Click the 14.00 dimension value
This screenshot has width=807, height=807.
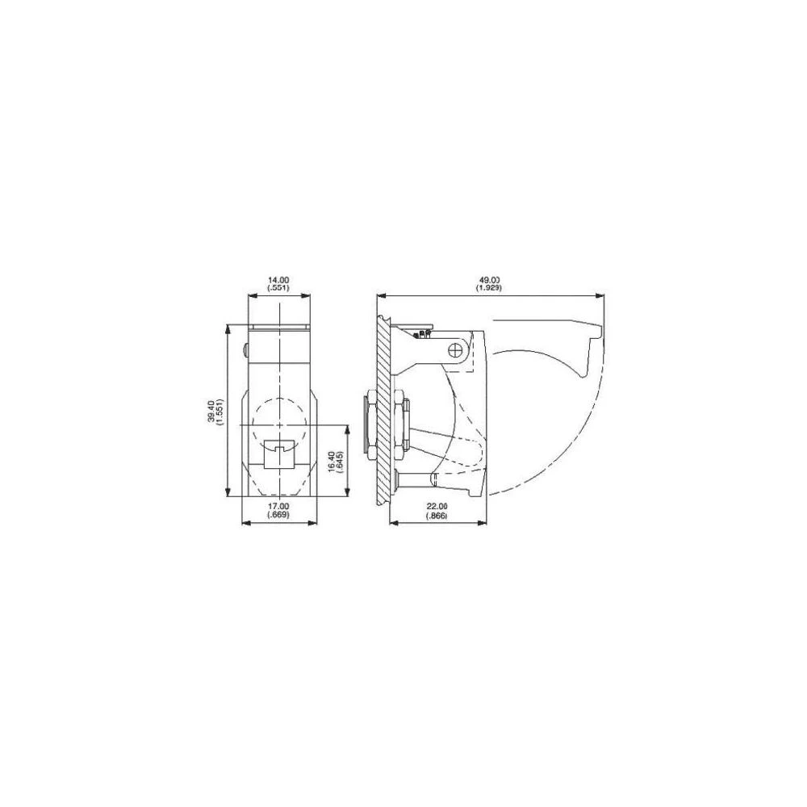[x=279, y=280]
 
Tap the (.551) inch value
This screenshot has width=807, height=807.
[x=279, y=287]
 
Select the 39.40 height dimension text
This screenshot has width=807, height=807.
[x=211, y=411]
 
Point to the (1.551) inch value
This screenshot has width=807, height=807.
[x=220, y=411]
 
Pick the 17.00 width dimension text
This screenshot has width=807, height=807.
[x=279, y=507]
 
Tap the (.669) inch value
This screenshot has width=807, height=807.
[x=279, y=515]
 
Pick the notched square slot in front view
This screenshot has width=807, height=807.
[x=279, y=453]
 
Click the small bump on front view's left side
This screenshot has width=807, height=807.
[x=245, y=349]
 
